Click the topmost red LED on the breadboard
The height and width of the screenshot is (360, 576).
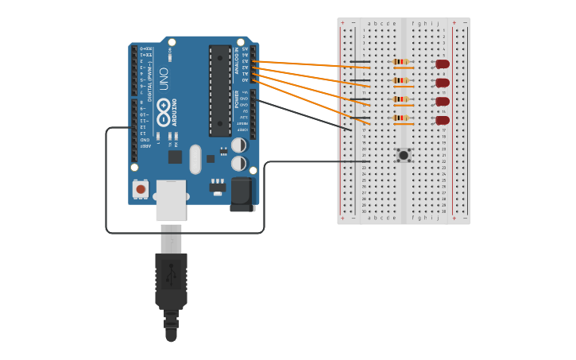click(x=443, y=64)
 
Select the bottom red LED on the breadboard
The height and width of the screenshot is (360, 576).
click(x=443, y=121)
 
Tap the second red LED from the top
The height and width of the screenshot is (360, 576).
click(x=443, y=83)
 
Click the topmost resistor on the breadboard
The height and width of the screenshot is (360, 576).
click(x=401, y=61)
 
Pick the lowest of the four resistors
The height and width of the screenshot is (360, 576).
click(x=401, y=118)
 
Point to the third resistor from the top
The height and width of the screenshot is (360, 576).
click(x=401, y=99)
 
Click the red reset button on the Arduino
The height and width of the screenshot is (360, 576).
click(x=141, y=189)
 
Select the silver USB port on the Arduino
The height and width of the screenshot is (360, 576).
click(x=171, y=199)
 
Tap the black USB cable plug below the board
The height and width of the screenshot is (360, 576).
click(x=171, y=282)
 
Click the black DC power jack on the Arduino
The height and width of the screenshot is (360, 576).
click(x=242, y=194)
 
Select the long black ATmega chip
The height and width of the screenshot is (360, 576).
click(x=220, y=91)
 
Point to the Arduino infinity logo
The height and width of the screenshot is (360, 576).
click(x=164, y=112)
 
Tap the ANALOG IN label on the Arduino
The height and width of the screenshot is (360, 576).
click(x=236, y=60)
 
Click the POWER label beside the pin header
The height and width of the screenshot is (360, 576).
click(x=236, y=99)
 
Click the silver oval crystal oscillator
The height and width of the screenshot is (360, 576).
click(x=195, y=159)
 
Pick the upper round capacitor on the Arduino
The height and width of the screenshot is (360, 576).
click(x=238, y=145)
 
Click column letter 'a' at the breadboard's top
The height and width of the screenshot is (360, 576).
click(x=369, y=24)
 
